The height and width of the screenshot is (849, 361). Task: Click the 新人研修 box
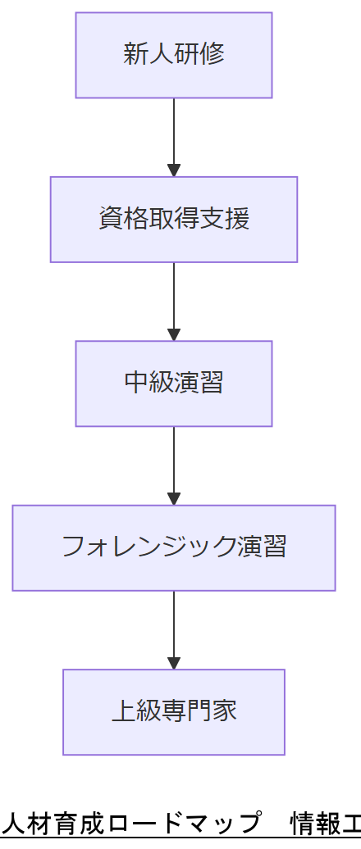pyautogui.click(x=173, y=55)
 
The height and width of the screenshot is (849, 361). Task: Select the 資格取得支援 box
pyautogui.click(x=173, y=219)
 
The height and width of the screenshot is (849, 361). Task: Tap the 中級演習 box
pyautogui.click(x=173, y=383)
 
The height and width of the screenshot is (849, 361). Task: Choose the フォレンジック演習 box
pyautogui.click(x=173, y=547)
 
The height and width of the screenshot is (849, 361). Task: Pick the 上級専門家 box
pyautogui.click(x=173, y=711)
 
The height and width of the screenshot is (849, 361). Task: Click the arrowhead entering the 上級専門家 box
pyautogui.click(x=173, y=663)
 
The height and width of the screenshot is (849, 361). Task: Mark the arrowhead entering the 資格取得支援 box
pyautogui.click(x=173, y=170)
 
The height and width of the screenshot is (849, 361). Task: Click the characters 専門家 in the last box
pyautogui.click(x=199, y=711)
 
